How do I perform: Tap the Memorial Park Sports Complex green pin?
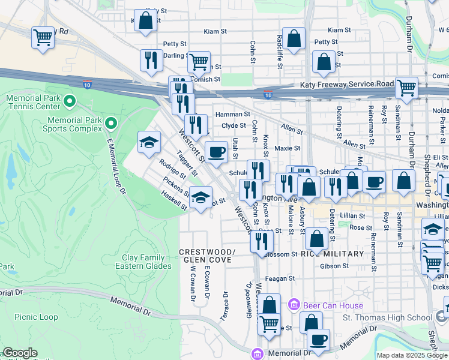tap(110, 124)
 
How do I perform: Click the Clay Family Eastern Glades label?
tap(142, 262)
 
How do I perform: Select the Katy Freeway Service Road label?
tap(346, 85)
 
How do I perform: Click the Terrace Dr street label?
tap(225, 306)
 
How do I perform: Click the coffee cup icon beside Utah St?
tap(216, 151)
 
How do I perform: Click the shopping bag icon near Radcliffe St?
tap(294, 38)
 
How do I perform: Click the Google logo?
tap(20, 353)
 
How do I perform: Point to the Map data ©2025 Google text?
tap(411, 355)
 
